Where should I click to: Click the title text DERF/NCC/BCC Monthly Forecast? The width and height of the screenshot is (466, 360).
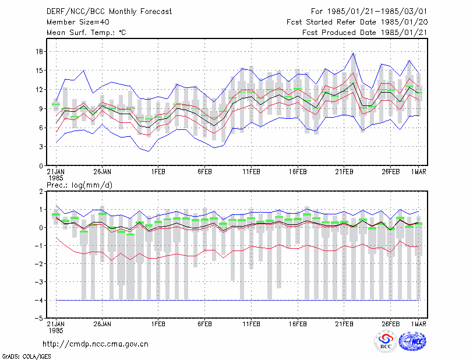tap(109, 12)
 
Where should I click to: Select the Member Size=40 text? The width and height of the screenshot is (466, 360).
tap(78, 22)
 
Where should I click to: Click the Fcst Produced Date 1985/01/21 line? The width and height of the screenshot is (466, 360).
tap(365, 33)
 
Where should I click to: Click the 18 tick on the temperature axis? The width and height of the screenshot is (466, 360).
tap(39, 51)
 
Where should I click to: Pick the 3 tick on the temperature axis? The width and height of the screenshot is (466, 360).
tap(41, 147)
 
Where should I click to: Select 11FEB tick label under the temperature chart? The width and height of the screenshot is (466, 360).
tap(251, 172)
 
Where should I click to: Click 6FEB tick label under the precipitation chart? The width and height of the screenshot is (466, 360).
tap(204, 324)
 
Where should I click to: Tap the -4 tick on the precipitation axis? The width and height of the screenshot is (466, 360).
tap(38, 300)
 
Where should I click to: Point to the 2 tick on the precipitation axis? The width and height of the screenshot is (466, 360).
tap(41, 191)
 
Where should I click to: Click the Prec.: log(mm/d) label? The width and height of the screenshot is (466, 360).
tap(79, 185)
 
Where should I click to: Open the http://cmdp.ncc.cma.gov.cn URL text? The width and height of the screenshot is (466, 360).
tap(96, 344)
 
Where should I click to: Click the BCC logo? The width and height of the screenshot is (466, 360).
tap(386, 341)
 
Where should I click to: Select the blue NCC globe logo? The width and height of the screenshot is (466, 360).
tap(412, 341)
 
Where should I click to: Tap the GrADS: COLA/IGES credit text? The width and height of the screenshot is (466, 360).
tap(26, 357)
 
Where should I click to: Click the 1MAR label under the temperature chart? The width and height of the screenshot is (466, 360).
tap(418, 172)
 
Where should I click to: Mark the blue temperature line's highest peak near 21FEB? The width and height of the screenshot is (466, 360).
tap(353, 53)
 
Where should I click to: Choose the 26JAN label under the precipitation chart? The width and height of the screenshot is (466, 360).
tap(102, 324)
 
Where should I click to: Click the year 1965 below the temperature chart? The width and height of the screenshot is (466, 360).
tap(55, 178)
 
